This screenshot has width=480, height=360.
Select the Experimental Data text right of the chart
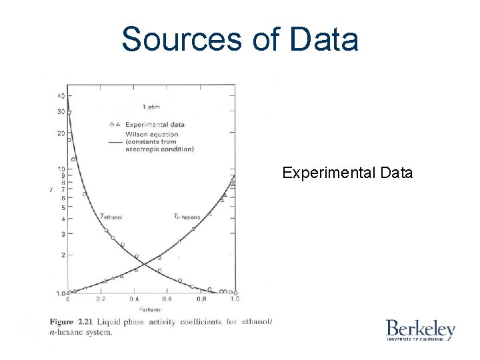[347, 173]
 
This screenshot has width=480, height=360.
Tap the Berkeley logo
[420, 330]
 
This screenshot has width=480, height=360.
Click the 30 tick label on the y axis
[61, 112]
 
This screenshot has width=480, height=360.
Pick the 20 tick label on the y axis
[61, 133]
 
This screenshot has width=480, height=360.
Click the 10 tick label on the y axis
[61, 168]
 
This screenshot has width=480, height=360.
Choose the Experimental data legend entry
[159, 124]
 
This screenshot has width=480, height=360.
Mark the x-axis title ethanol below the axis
[151, 308]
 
